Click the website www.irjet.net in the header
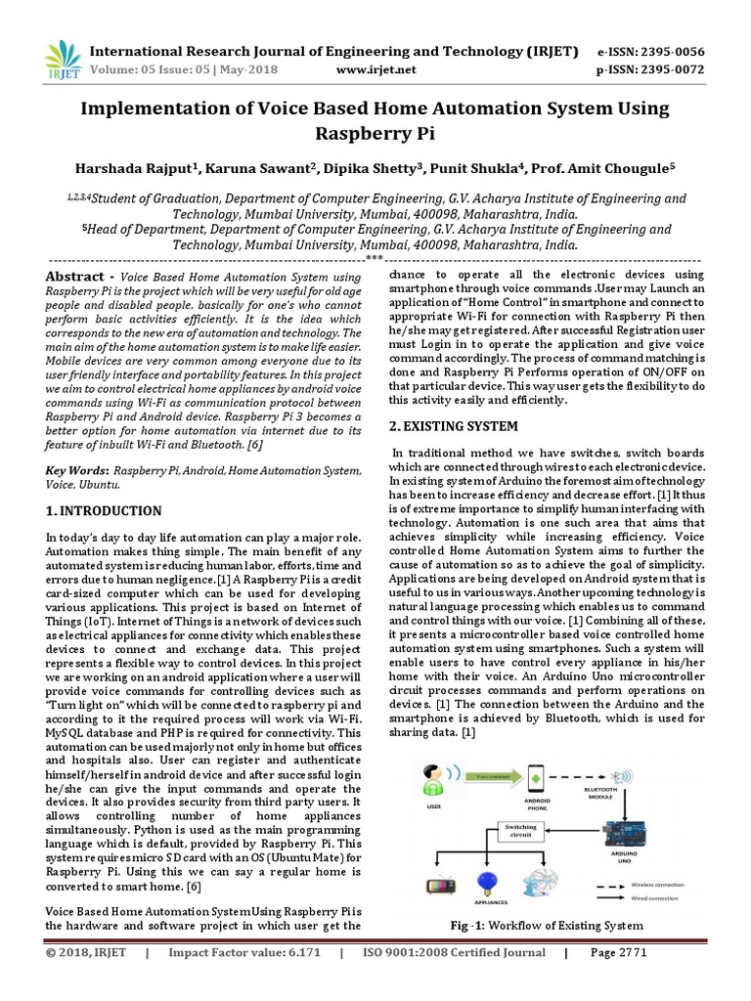point(375,69)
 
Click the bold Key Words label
point(78,471)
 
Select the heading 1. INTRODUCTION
point(105,510)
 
